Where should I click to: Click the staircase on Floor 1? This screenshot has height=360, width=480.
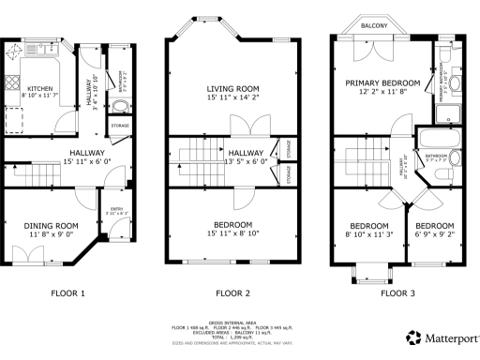click(x=37, y=175)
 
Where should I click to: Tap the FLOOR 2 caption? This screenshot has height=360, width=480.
click(x=232, y=293)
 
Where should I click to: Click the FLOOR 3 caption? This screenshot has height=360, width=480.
click(x=397, y=293)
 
